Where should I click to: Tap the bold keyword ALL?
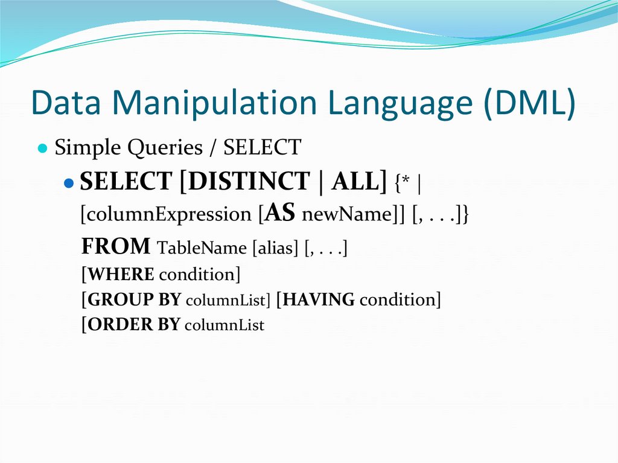pos(355,182)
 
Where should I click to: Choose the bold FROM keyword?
pos(115,246)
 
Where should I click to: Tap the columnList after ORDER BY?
pos(224,326)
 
